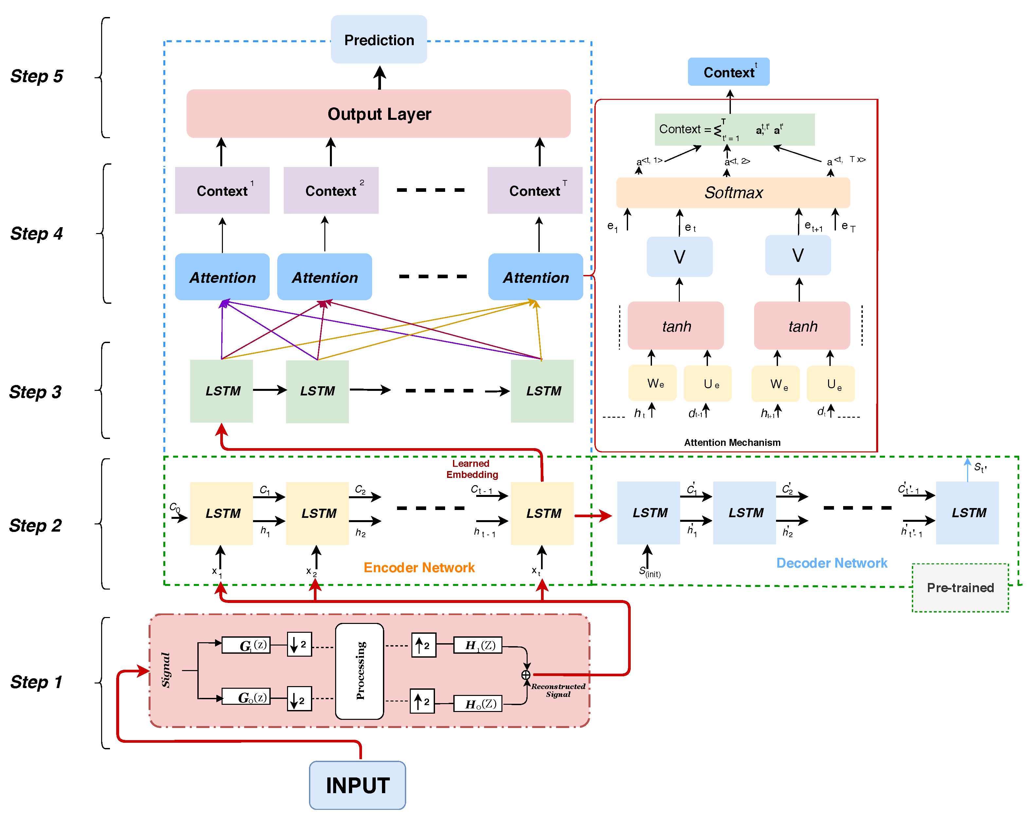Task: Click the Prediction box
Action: coord(379,39)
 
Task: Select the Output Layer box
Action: coord(379,114)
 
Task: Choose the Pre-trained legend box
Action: coord(960,588)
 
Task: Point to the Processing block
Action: coord(360,671)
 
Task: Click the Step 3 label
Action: coord(35,392)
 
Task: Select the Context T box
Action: coord(534,190)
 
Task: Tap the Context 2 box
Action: coord(331,190)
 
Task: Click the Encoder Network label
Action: coord(419,568)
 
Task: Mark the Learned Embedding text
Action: coord(472,469)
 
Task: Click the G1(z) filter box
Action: coord(246,645)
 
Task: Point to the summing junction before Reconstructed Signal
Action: coord(526,675)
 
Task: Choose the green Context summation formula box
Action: coord(734,130)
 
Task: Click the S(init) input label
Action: coord(649,571)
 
